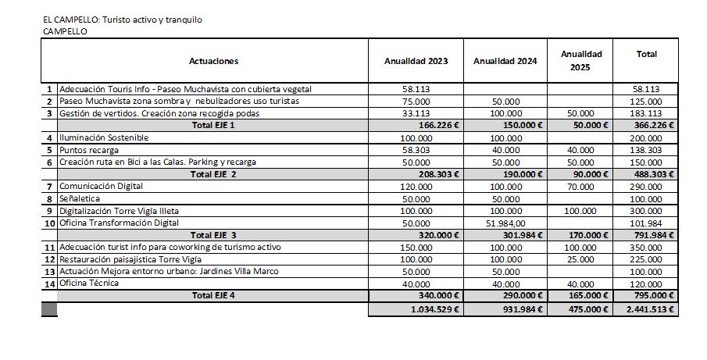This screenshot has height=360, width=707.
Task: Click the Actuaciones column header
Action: [x=213, y=61]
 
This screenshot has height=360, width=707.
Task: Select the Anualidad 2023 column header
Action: [x=416, y=61]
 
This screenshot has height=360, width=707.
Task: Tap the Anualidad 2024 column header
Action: [x=505, y=61]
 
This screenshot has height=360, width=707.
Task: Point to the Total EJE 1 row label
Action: [x=212, y=125]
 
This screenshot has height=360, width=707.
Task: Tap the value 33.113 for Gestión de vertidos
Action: [x=416, y=113]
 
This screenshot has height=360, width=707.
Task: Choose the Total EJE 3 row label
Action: [x=212, y=235]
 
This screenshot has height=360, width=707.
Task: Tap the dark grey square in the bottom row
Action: [x=49, y=309]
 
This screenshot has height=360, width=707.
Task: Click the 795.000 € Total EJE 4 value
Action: [x=655, y=296]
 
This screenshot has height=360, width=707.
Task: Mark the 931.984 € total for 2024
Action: [x=520, y=309]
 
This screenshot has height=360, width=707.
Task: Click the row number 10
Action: [x=49, y=223]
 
